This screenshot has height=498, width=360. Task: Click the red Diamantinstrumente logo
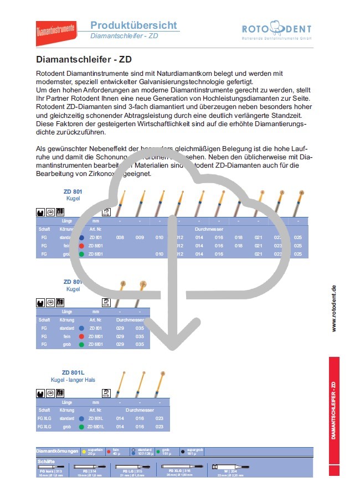pyautogui.click(x=55, y=31)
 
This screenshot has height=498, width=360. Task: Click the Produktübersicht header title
pyautogui.click(x=133, y=25)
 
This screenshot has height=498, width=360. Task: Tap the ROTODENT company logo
pyautogui.click(x=276, y=31)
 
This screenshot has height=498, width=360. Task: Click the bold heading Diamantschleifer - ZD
pyautogui.click(x=83, y=59)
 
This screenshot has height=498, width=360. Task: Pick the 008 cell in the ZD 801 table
pyautogui.click(x=120, y=237)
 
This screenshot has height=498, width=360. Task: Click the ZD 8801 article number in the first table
pyautogui.click(x=95, y=245)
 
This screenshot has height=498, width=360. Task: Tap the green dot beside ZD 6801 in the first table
pyautogui.click(x=81, y=254)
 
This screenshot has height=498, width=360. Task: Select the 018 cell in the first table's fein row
pyautogui.click(x=239, y=245)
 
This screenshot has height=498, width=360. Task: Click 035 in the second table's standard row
pyautogui.click(x=139, y=328)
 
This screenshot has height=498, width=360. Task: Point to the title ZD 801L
pyautogui.click(x=74, y=372)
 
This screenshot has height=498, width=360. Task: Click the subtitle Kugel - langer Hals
pyautogui.click(x=74, y=380)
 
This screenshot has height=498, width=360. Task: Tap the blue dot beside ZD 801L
pyautogui.click(x=81, y=419)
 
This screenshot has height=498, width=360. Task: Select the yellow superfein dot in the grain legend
pyautogui.click(x=84, y=452)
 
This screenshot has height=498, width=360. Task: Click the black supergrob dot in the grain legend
pyautogui.click(x=183, y=452)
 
